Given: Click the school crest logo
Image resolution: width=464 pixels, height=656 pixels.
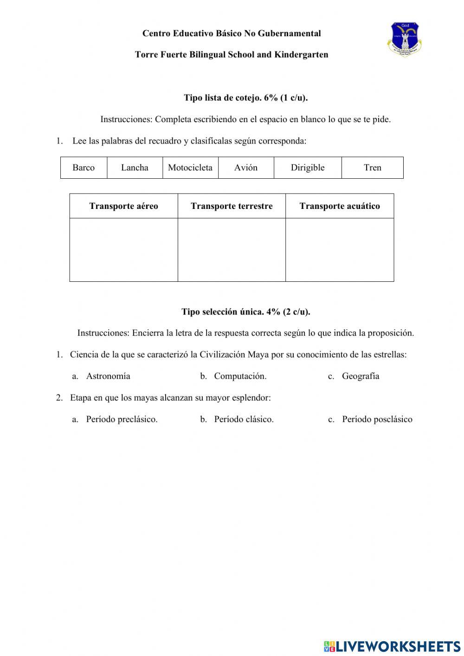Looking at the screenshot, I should [404, 39].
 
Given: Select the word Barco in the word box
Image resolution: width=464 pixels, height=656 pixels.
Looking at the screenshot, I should [84, 168].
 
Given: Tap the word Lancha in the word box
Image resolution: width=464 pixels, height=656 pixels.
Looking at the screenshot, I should [135, 168].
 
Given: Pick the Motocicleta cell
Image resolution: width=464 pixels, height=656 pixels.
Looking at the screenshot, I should [190, 168].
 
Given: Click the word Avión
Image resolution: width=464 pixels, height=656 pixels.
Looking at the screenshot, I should [246, 168].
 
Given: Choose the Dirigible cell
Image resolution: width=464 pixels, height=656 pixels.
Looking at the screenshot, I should [308, 168].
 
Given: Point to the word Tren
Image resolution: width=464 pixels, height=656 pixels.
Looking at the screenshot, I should [373, 168].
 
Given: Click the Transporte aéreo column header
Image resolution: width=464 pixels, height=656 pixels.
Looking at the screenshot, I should [123, 206].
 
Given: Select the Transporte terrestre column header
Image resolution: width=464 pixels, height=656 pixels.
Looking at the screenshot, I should [232, 206].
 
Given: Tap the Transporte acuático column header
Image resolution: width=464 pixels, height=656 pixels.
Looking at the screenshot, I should [340, 206].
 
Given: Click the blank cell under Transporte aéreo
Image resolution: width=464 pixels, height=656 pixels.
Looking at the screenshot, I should [123, 250].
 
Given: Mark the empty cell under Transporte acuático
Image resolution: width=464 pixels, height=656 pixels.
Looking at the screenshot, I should [340, 250].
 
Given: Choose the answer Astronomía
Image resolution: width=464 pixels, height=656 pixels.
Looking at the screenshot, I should [108, 376].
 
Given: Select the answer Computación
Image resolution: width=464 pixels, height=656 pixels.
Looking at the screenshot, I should [240, 376].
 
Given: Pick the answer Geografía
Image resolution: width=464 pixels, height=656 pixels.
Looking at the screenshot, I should [361, 376].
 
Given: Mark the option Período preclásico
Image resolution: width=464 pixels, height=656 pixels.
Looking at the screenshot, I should [122, 419].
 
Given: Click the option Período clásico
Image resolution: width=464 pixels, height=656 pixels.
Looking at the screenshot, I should [244, 419].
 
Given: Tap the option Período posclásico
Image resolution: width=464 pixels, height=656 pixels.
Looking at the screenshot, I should [377, 419].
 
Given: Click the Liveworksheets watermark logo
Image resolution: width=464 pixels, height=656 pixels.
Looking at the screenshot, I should [392, 646].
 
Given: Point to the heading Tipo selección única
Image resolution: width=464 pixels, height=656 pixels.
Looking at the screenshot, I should [245, 312].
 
